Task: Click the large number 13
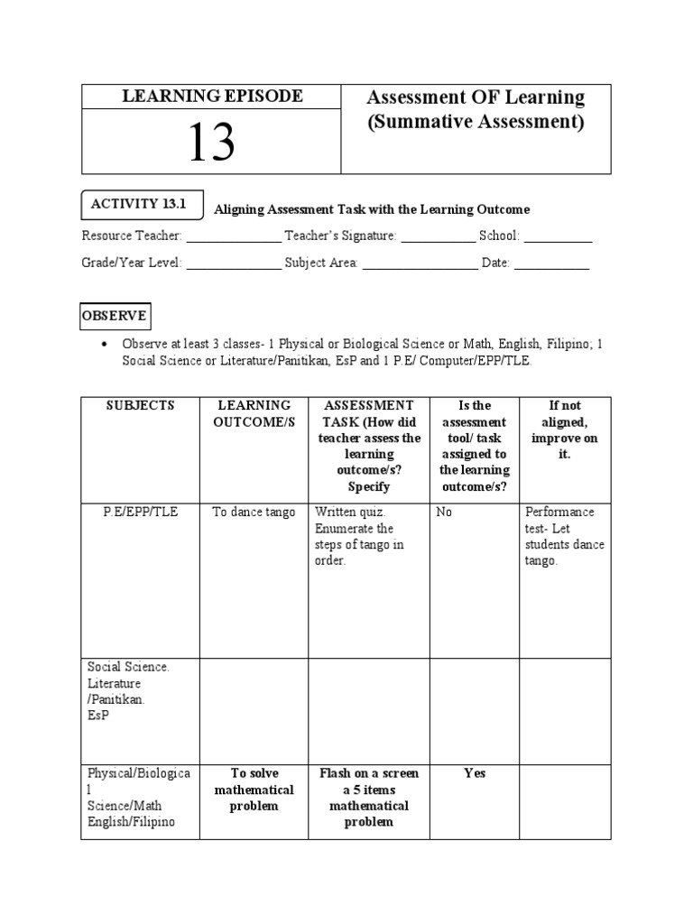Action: [x=211, y=142]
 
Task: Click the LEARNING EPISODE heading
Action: [x=212, y=96]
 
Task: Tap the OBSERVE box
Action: [x=115, y=318]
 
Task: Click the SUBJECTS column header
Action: [x=139, y=406]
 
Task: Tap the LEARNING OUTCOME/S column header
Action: [x=254, y=414]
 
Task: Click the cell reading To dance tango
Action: [x=254, y=512]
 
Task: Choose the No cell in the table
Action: [x=444, y=512]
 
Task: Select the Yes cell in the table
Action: [x=475, y=773]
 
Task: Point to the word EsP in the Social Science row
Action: [x=97, y=716]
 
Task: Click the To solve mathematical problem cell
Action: [x=254, y=790]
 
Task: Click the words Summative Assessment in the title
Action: [x=476, y=122]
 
